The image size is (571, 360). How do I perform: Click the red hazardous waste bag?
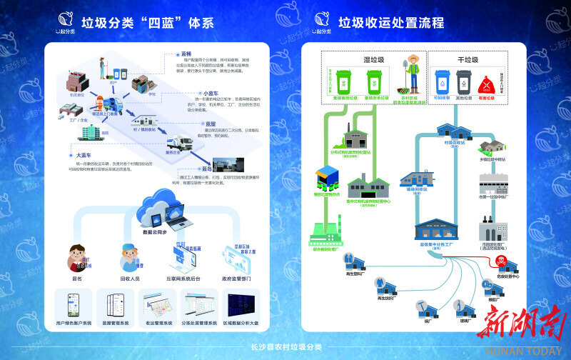point(487,79)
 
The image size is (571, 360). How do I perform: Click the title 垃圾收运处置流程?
point(391,22)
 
